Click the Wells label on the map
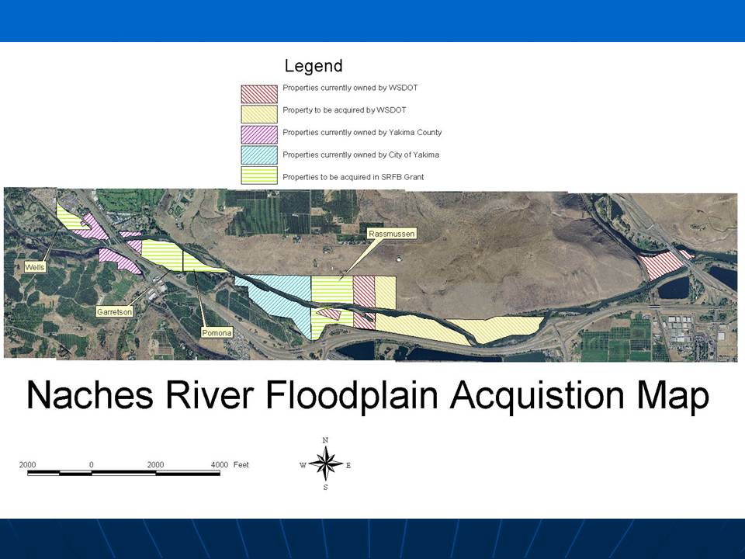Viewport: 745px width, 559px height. pos(35,267)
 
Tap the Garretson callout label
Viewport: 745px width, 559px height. pos(115,312)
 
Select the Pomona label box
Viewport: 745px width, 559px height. pos(217,333)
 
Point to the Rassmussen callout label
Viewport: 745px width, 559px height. pos(392,234)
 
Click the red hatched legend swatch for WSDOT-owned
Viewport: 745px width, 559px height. pos(259,94)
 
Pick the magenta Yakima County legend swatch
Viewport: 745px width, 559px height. pos(259,134)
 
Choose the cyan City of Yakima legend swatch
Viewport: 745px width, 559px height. pos(259,155)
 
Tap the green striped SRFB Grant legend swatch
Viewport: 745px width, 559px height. pos(259,175)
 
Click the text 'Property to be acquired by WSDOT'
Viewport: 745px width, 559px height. pos(345,110)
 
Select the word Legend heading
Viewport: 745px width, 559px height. pos(314,66)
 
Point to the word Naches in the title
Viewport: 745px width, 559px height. pos(90,395)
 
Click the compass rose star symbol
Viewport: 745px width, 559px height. pos(325,464)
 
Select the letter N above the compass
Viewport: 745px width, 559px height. pos(325,440)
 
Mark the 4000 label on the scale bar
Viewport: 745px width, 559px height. pos(220,464)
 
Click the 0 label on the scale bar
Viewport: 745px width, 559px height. pos(92,464)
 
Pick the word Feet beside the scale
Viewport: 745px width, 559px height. pos(241,464)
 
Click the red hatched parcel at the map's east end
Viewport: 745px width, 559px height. pos(663,264)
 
